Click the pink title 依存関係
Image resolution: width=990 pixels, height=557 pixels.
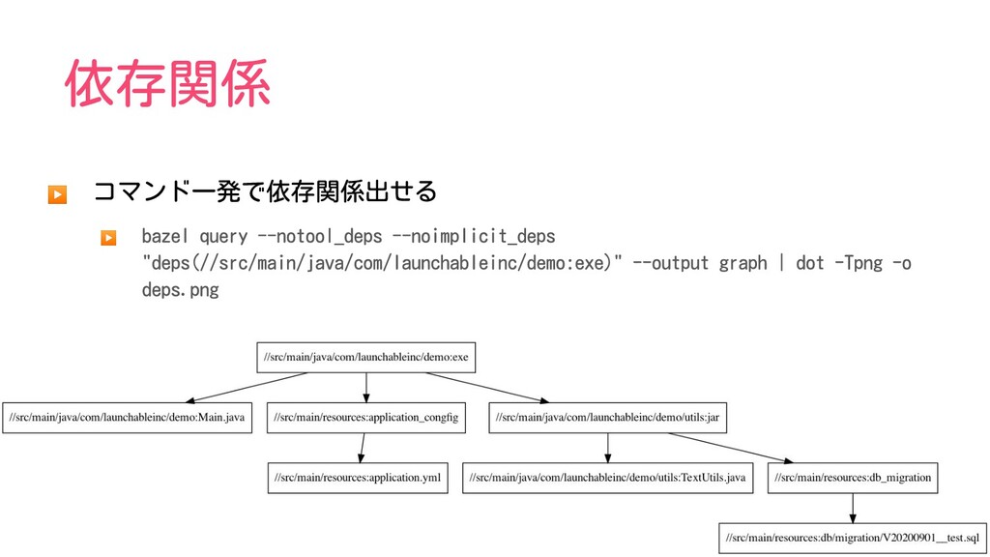pos(168,83)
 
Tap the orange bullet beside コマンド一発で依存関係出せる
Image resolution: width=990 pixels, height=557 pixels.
pos(57,193)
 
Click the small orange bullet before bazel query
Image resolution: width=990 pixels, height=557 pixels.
pos(108,238)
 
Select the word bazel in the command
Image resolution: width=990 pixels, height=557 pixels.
pos(164,236)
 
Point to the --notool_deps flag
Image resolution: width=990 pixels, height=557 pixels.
pos(319,236)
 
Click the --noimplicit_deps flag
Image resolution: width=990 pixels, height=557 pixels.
pos(474,236)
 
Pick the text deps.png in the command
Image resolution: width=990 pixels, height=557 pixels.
pos(180,290)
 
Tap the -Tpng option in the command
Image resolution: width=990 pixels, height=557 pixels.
pos(859,263)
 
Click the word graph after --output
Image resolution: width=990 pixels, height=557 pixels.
pos(743,263)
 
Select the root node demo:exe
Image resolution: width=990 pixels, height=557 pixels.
pos(366,358)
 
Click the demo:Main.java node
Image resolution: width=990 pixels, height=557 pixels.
pos(127,418)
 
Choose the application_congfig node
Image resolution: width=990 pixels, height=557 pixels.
pos(366,418)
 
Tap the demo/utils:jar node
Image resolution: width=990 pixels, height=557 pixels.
pos(607,418)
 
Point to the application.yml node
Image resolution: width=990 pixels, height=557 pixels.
pos(358,478)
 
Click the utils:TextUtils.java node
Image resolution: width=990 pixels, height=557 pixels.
pos(607,478)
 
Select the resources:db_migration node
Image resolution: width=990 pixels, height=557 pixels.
pos(853,478)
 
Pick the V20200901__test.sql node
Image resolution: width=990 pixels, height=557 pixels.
pos(853,538)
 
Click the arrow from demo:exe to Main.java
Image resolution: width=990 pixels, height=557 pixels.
pos(247,387)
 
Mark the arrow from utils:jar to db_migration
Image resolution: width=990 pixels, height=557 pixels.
pos(731,448)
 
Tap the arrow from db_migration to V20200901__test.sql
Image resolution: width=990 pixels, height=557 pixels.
pos(853,509)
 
